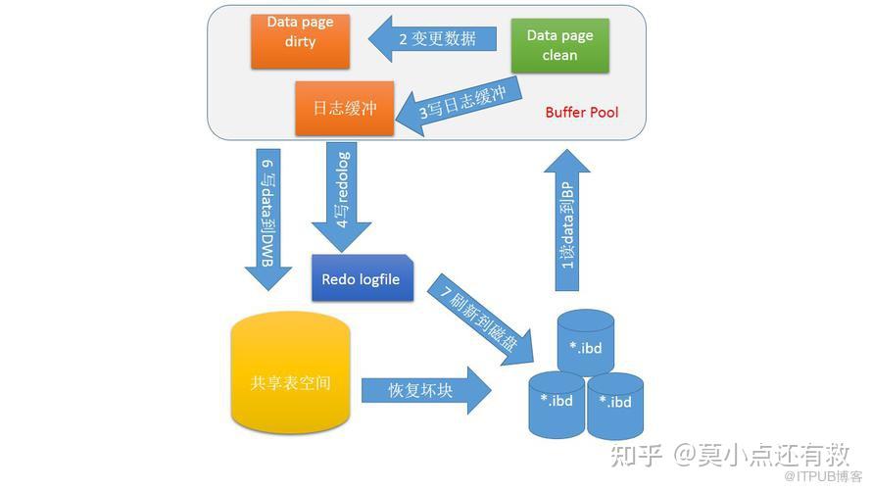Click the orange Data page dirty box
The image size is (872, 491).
(300, 40)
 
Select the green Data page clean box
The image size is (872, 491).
(559, 45)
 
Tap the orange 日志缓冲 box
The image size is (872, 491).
(344, 108)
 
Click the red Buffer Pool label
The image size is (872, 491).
(582, 113)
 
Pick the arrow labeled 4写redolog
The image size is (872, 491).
(342, 196)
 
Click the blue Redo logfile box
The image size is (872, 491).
(362, 279)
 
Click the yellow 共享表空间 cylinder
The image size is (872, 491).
(290, 377)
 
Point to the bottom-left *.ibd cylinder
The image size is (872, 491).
(557, 405)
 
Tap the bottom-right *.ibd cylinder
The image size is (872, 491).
(615, 405)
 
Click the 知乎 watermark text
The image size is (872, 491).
(637, 455)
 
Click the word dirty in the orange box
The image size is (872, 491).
(300, 42)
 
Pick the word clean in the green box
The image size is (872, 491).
(559, 56)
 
